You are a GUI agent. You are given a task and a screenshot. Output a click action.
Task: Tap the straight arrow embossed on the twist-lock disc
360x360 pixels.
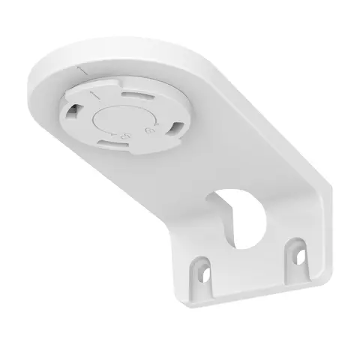coord(94,96)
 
